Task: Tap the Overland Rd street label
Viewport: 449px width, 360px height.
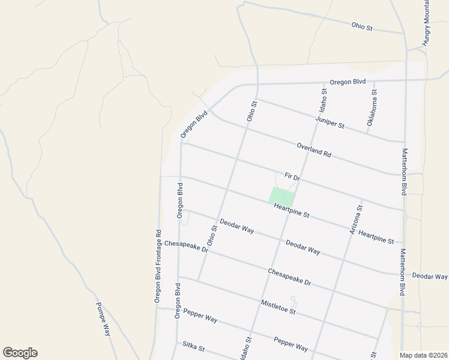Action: coord(313,149)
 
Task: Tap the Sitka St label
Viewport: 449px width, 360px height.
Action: coord(193,347)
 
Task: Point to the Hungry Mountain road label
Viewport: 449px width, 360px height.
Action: coord(427,24)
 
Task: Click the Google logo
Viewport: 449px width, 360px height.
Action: coord(20,353)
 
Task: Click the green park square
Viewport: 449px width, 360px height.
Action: coord(281,196)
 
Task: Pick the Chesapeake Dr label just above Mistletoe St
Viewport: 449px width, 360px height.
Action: coord(289,277)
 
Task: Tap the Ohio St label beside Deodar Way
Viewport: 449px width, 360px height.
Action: coord(212,235)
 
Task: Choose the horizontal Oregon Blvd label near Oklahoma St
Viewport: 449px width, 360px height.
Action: coord(348,82)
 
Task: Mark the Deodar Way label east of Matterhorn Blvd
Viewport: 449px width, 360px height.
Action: coord(429,277)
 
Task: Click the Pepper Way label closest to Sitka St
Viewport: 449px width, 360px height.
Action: coord(200,317)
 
